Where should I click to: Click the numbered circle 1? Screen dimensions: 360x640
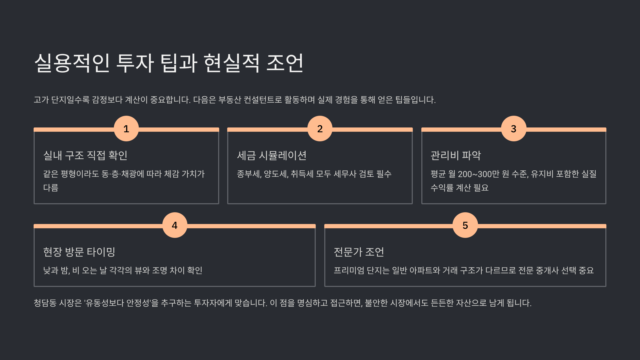tap(126, 129)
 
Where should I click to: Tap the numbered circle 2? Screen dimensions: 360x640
tap(320, 129)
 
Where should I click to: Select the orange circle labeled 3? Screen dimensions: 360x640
tap(514, 129)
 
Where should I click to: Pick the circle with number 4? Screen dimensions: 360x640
tap(175, 225)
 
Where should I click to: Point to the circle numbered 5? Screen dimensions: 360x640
tap(465, 225)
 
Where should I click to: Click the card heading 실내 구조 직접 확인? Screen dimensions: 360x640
tap(85, 155)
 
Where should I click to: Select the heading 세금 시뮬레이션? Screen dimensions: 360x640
tap(272, 155)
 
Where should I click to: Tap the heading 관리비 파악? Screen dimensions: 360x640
tap(456, 155)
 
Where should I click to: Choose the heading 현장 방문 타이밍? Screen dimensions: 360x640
tap(79, 252)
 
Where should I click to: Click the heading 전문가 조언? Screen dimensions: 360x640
tap(359, 252)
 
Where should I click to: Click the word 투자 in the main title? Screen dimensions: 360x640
tap(135, 63)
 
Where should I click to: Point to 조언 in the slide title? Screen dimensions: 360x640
tap(285, 63)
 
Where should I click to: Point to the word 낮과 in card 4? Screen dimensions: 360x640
tap(51, 270)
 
